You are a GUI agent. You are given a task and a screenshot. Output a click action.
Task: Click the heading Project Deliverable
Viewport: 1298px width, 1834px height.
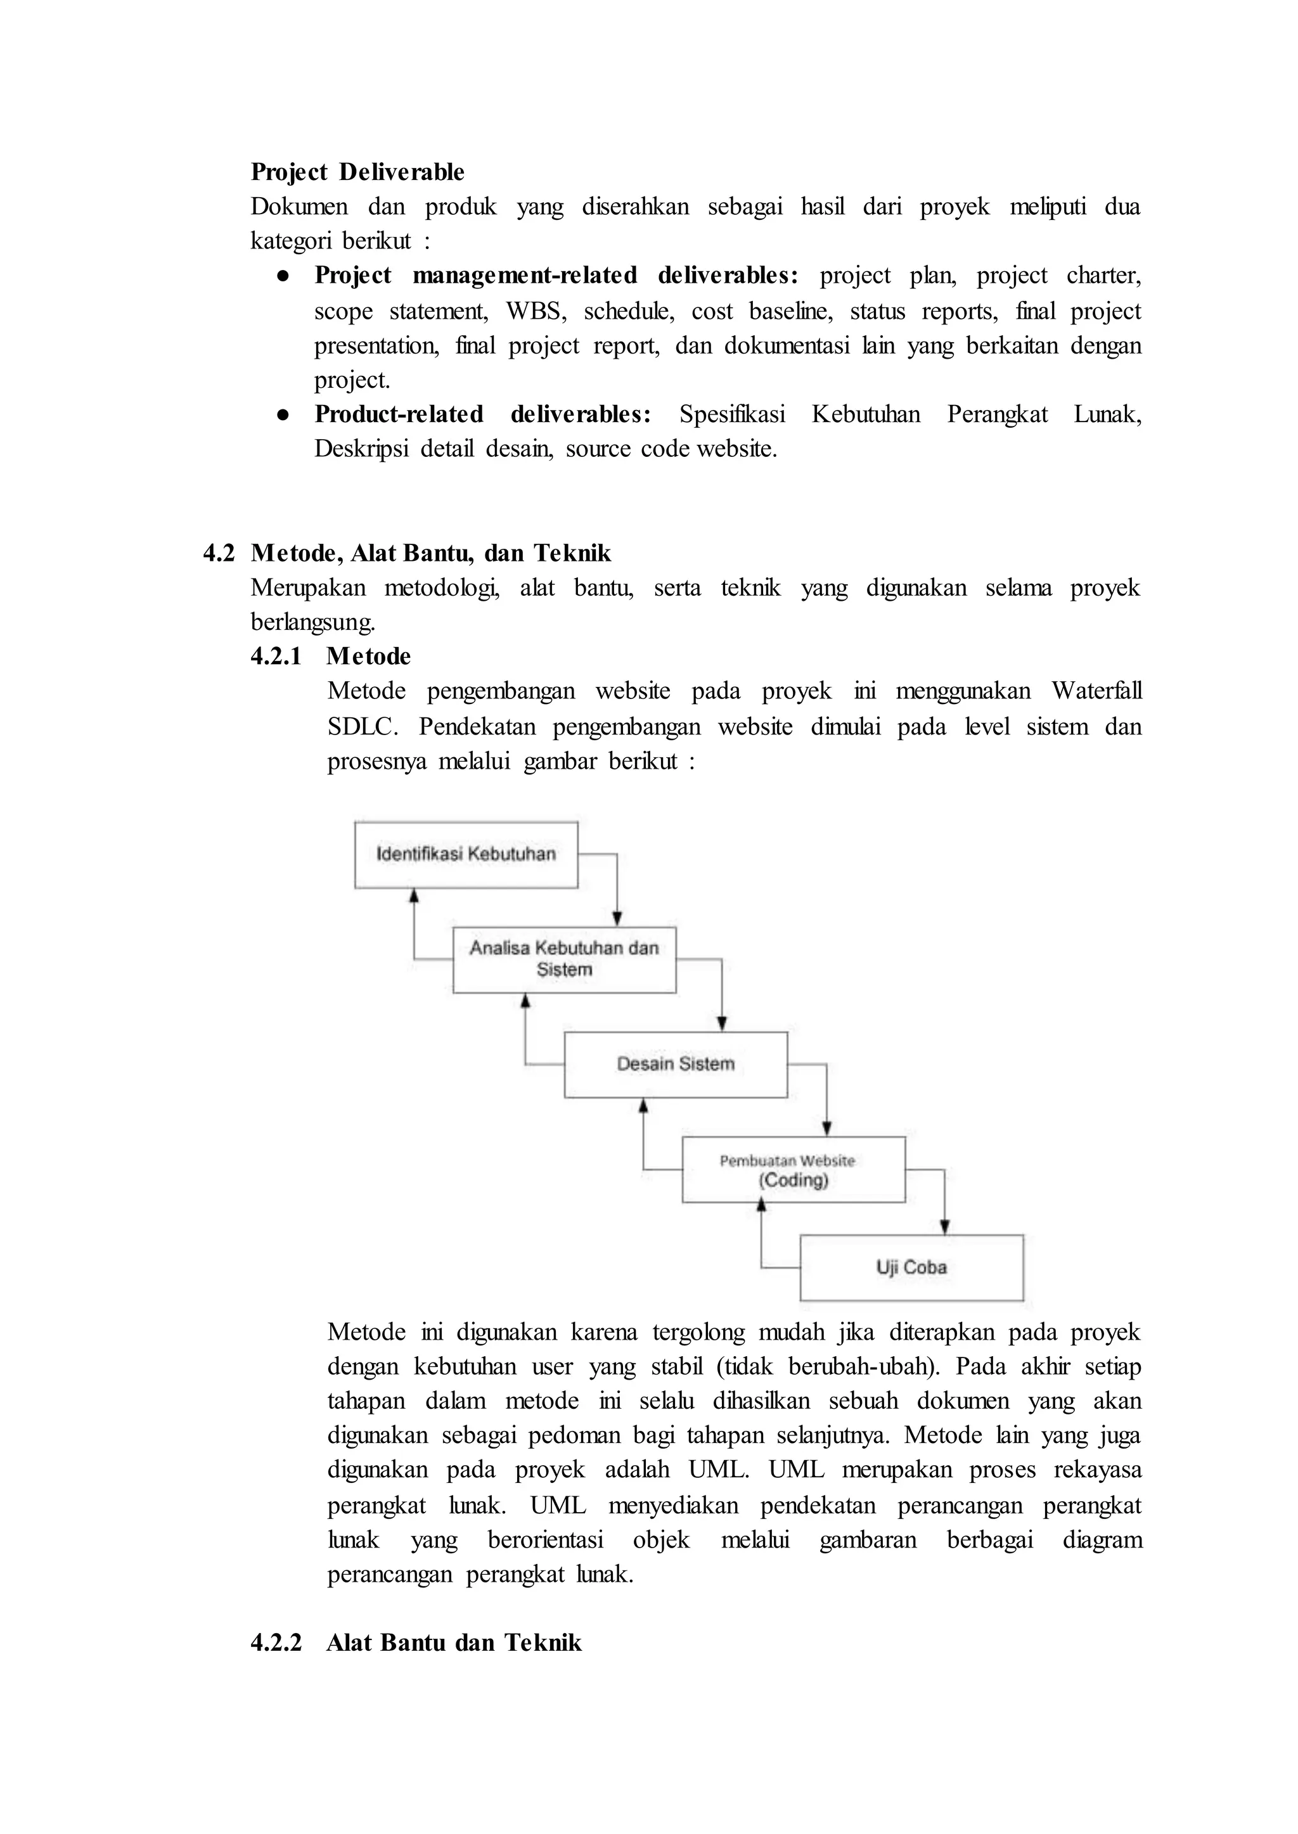357,172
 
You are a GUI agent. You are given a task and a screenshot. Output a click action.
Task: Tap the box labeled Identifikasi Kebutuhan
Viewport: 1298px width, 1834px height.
466,854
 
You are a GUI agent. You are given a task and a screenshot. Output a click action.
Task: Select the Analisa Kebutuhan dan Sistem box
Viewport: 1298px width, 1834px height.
564,959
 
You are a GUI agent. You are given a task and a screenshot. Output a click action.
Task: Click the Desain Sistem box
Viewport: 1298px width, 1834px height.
676,1065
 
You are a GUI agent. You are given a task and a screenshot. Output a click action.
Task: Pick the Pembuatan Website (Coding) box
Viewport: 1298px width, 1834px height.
793,1170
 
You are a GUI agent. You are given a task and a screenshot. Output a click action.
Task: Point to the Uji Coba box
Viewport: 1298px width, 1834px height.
911,1267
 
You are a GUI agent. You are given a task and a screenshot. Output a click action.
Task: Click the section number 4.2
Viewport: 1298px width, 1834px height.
219,553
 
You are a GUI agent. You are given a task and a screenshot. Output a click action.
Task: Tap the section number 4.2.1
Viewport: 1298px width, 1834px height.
276,656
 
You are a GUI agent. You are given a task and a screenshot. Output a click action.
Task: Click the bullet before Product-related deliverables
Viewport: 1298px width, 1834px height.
282,414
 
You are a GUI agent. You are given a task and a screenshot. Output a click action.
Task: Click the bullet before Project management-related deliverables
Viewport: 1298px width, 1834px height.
282,276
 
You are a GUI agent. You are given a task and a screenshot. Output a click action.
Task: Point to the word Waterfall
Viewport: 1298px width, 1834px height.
1096,691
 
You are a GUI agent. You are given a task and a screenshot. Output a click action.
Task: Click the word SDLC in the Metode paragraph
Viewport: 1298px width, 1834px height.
361,726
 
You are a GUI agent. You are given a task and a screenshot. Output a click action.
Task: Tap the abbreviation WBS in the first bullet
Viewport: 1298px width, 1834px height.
536,311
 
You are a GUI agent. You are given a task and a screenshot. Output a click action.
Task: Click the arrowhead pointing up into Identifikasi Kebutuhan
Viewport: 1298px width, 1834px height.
414,897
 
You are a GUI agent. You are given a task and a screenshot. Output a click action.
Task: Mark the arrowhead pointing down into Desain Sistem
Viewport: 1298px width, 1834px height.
722,1023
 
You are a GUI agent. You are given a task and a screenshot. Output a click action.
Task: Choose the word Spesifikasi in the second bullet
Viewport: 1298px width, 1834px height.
731,414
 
